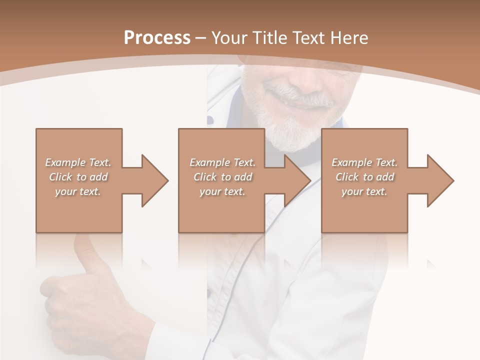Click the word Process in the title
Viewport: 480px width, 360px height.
click(x=157, y=38)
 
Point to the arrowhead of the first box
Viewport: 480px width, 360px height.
click(x=155, y=180)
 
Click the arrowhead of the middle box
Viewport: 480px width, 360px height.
click(x=298, y=180)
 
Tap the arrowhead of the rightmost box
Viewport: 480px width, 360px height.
click(x=441, y=180)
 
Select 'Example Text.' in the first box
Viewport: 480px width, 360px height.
click(x=78, y=162)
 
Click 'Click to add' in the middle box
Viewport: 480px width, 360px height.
click(x=222, y=177)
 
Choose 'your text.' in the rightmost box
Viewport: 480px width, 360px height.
click(x=364, y=191)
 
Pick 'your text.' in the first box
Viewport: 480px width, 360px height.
click(x=78, y=191)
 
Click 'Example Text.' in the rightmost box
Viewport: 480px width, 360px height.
click(x=364, y=162)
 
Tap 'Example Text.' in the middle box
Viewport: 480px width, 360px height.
click(x=222, y=162)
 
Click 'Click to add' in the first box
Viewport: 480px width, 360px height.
click(x=78, y=177)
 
